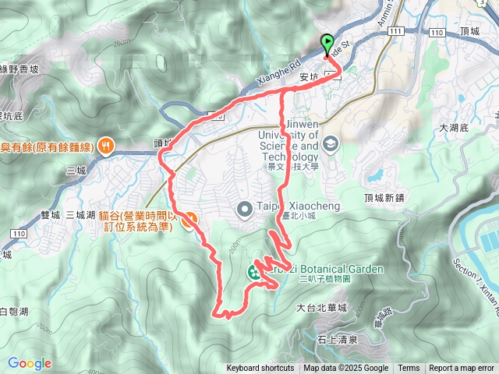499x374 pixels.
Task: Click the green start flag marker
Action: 327,44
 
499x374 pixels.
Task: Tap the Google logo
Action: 30,363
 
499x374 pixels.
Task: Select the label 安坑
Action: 310,77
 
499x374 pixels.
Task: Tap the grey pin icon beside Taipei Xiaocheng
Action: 244,207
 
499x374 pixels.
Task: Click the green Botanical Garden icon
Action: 254,273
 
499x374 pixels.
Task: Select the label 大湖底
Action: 452,127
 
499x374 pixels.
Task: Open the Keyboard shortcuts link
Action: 260,369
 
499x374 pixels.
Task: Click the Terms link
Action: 409,369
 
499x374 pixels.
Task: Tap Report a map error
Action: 462,369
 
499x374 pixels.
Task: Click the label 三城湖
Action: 80,214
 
